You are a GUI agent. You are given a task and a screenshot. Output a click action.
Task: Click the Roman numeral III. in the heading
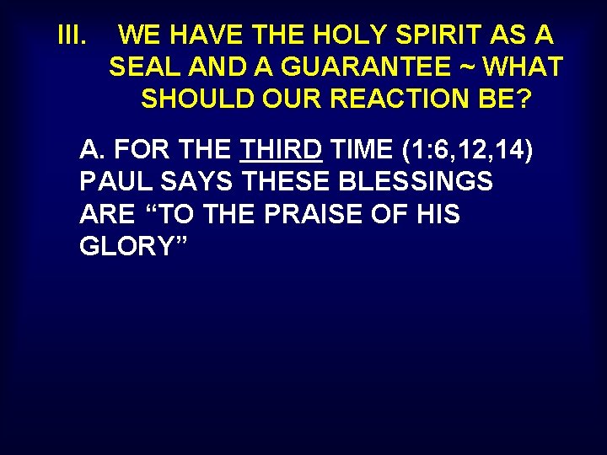(72, 35)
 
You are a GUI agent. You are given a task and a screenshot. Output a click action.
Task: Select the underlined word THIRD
(281, 151)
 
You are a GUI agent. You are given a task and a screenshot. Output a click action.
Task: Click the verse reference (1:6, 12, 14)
(467, 151)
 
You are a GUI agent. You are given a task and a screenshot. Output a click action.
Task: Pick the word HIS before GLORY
(438, 214)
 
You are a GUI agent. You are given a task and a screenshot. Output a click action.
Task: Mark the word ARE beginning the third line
(106, 214)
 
